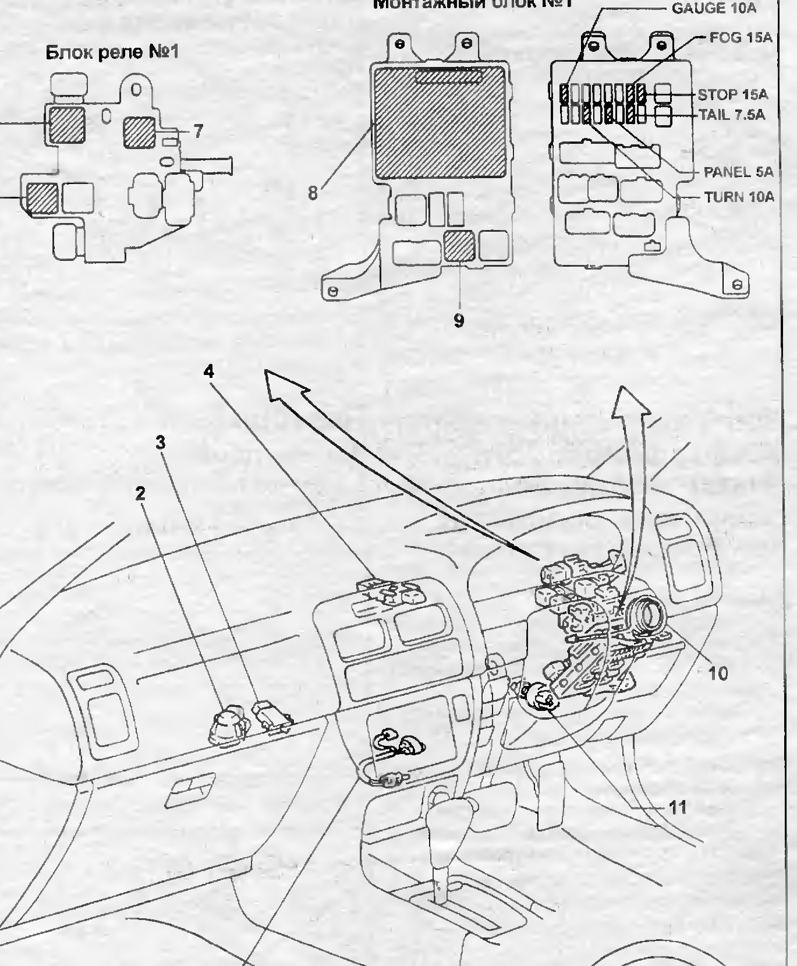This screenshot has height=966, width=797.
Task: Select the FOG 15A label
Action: coord(740,38)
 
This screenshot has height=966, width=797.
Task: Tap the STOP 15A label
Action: coord(732,94)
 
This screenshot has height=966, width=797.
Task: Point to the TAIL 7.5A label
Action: coord(731,115)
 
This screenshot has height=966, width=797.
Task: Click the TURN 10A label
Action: coord(739,197)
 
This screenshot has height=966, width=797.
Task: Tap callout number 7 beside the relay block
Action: coord(198,132)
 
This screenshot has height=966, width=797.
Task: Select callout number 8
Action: coord(313,193)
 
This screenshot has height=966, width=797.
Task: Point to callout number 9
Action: coord(459,320)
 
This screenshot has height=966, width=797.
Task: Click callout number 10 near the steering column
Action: coord(718,673)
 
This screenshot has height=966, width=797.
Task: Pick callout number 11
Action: coord(678,807)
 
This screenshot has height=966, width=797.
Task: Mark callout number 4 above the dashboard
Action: coord(209,371)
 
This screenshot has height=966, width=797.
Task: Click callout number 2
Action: coord(140,493)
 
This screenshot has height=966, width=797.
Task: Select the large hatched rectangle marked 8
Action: coord(438,122)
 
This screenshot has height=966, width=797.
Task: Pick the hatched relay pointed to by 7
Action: coord(140,131)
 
